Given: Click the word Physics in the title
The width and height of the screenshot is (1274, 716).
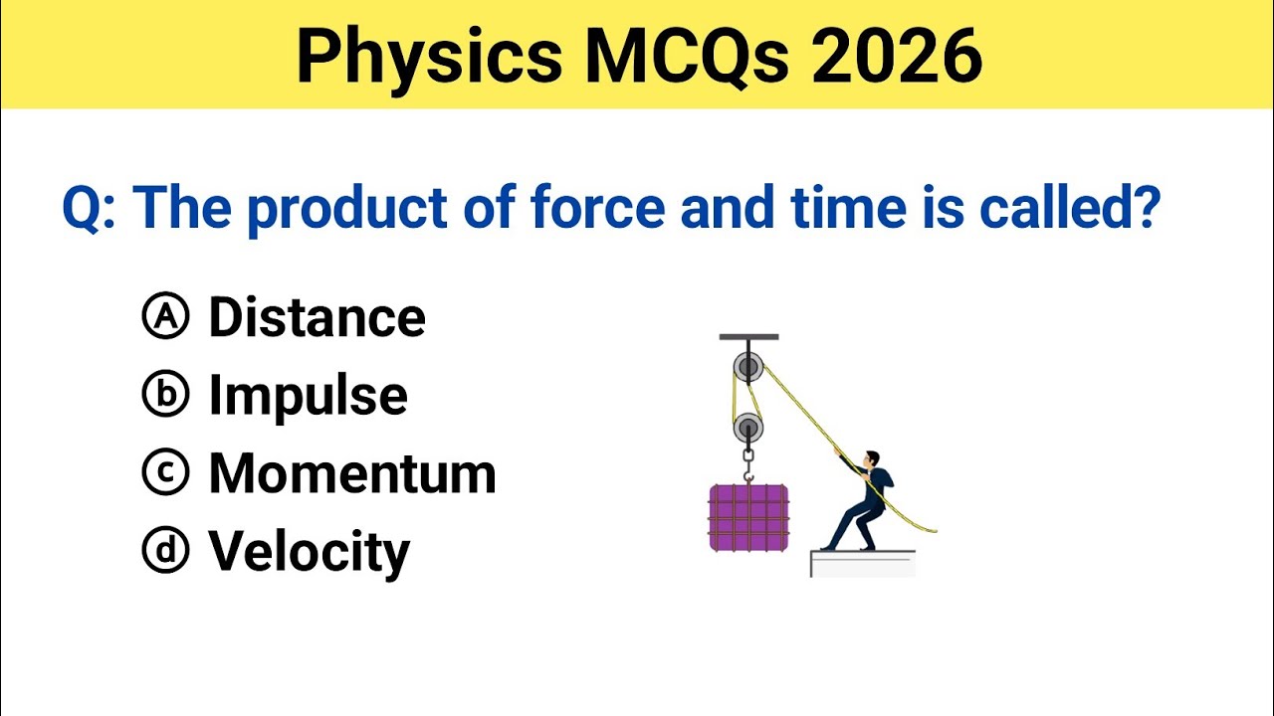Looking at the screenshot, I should pyautogui.click(x=428, y=57).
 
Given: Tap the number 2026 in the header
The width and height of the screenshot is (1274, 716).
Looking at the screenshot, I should pyautogui.click(x=896, y=57).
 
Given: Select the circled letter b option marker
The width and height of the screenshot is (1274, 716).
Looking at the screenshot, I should pyautogui.click(x=165, y=396).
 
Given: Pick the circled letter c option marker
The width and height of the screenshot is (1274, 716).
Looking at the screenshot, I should pyautogui.click(x=165, y=473).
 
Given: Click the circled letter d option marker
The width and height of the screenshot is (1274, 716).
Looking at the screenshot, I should pyautogui.click(x=165, y=551).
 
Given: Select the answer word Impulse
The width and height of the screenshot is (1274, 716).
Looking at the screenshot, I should pyautogui.click(x=308, y=396).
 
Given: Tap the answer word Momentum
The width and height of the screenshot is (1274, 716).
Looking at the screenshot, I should pyautogui.click(x=351, y=473).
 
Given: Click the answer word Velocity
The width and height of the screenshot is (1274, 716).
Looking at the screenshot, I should pyautogui.click(x=309, y=551).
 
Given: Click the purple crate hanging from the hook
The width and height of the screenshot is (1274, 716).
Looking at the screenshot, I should pyautogui.click(x=748, y=517).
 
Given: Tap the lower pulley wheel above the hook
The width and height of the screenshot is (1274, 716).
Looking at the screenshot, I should pyautogui.click(x=748, y=430).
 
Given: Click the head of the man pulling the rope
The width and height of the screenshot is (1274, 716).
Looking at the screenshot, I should pyautogui.click(x=872, y=458).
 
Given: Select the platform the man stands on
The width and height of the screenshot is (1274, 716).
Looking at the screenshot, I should pyautogui.click(x=862, y=564).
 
